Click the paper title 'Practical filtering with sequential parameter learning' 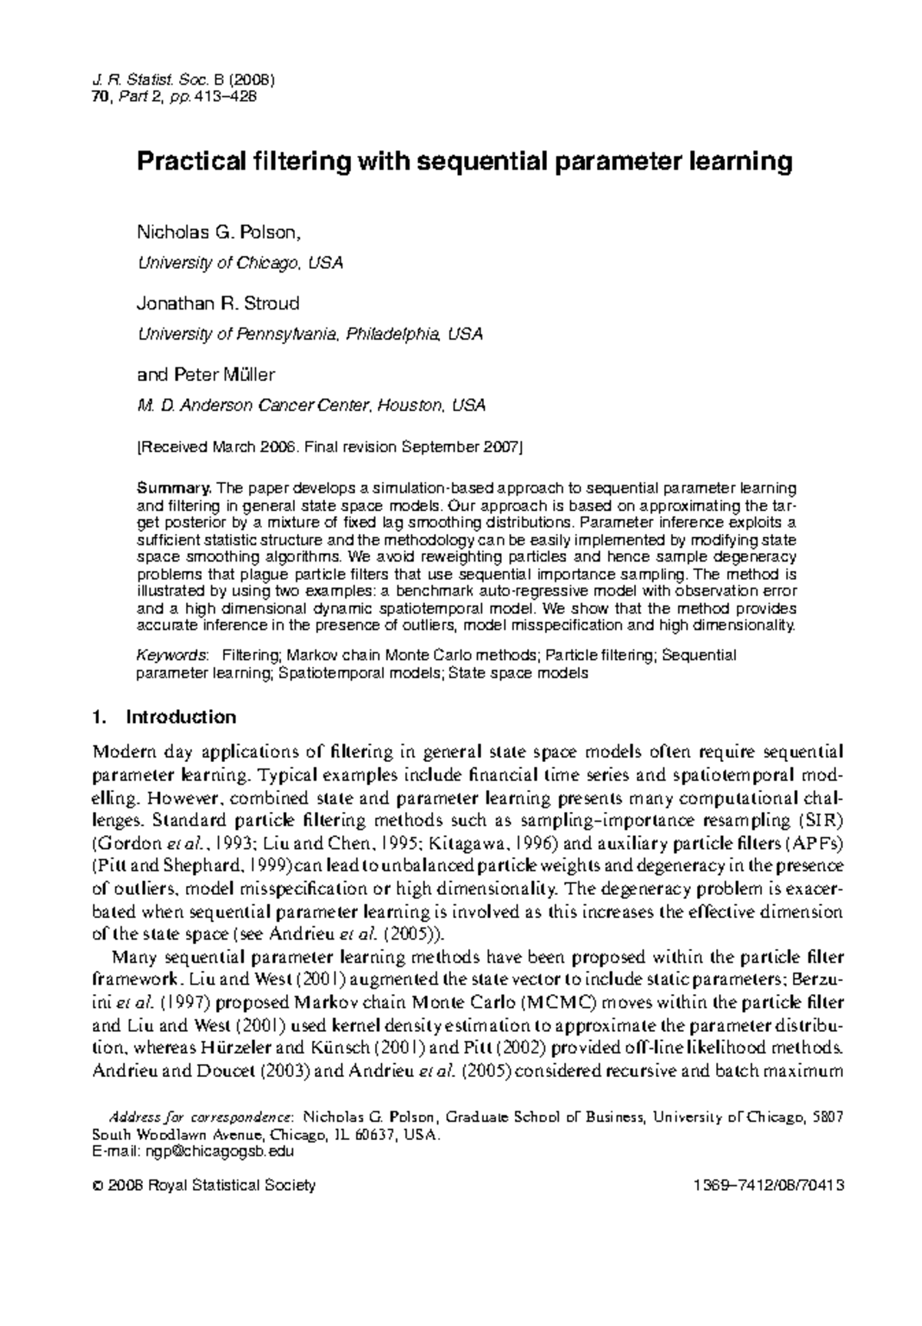click(x=464, y=162)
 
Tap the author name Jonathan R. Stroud click(x=217, y=303)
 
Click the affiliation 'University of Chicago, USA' click(x=239, y=263)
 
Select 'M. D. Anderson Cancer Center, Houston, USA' click(x=310, y=406)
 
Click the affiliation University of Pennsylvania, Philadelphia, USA click(x=310, y=334)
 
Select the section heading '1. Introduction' click(x=163, y=718)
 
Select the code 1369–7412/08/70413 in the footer click(x=768, y=1185)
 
